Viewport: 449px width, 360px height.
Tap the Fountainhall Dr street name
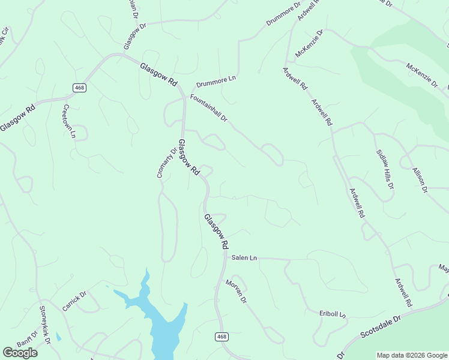point(208,108)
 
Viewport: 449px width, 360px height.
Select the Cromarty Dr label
point(167,163)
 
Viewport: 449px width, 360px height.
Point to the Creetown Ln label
point(69,122)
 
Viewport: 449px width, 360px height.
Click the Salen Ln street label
point(244,257)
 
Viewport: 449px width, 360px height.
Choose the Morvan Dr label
point(237,291)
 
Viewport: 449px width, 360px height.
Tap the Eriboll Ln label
point(334,314)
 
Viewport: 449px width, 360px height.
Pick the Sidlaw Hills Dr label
point(385,170)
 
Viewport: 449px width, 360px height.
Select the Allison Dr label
point(420,180)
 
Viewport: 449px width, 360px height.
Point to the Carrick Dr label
point(74,301)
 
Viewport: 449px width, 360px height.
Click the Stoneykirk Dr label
point(45,325)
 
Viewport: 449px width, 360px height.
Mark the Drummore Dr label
point(283,14)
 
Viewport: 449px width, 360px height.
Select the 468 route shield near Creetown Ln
point(79,88)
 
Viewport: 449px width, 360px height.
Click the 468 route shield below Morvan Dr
point(221,337)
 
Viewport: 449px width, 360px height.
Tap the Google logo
point(20,353)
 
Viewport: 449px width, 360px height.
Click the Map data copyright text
point(412,355)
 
